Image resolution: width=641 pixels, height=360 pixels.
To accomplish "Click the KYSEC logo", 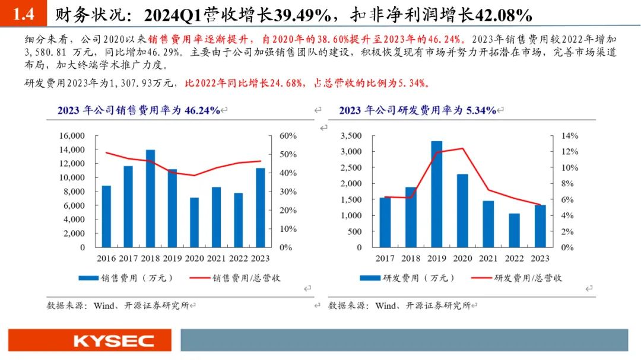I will pos(113,340).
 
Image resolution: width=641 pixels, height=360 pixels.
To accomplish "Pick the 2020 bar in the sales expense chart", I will pos(194,222).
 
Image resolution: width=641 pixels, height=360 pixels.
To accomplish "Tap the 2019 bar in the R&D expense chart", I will pos(436,194).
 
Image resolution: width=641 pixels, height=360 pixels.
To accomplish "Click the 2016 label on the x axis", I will pos(106,259).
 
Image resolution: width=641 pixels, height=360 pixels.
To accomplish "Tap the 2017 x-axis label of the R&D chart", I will pos(385,259).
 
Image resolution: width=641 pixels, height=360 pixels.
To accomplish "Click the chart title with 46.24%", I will pos(139,110).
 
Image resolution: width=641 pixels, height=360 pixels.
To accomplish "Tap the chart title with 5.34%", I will pos(417,110).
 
